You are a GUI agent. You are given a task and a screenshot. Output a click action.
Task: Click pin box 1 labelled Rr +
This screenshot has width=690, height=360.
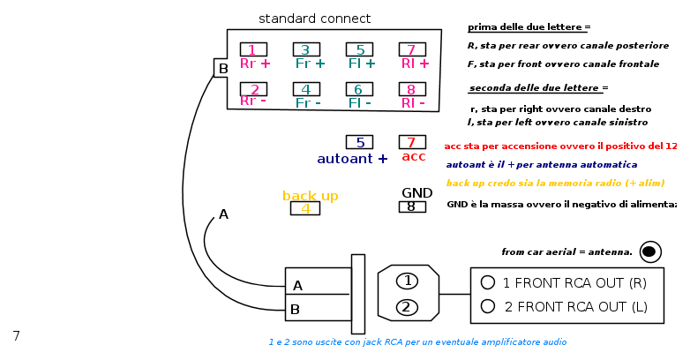(x=253, y=49)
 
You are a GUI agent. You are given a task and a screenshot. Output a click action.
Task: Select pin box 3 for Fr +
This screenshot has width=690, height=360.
(x=306, y=49)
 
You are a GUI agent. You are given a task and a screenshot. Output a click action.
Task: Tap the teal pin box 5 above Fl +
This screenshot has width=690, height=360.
(x=359, y=49)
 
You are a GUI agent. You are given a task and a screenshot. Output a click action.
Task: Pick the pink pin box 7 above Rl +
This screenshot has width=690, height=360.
(x=412, y=49)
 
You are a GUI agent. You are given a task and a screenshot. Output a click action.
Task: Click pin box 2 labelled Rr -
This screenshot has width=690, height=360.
(x=253, y=89)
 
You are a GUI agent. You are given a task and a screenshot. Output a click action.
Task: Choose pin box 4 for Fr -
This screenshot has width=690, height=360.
(x=306, y=89)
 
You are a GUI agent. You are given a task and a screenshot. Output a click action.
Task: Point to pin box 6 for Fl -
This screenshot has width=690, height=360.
(x=359, y=89)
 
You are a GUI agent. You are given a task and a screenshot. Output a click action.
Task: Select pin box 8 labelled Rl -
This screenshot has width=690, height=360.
(x=412, y=89)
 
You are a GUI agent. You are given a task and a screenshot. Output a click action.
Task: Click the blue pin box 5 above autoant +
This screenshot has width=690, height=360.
(x=359, y=142)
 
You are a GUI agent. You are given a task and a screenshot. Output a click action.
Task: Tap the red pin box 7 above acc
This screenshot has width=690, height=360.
(x=412, y=142)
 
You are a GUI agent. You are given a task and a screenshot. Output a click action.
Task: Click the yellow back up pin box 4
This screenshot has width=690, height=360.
(x=305, y=208)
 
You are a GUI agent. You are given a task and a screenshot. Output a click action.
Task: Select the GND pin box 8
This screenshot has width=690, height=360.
(x=412, y=206)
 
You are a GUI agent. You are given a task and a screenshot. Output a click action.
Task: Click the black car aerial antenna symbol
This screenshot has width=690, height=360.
(x=650, y=251)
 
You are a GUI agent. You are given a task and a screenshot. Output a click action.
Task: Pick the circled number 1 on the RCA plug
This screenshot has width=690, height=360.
(x=407, y=281)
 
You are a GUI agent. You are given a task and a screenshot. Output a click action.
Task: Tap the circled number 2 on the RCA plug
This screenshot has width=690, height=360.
(x=407, y=307)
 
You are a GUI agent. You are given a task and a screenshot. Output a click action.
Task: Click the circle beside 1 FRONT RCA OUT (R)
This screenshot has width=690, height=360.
(x=487, y=282)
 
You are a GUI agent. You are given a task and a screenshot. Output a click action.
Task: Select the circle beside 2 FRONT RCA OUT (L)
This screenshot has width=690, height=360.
(x=487, y=306)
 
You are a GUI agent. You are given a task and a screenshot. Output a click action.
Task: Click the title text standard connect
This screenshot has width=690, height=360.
(x=314, y=19)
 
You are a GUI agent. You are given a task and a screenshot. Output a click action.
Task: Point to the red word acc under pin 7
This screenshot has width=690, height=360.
(x=414, y=157)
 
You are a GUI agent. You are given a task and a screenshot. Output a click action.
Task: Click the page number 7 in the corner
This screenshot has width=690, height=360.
(x=16, y=336)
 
